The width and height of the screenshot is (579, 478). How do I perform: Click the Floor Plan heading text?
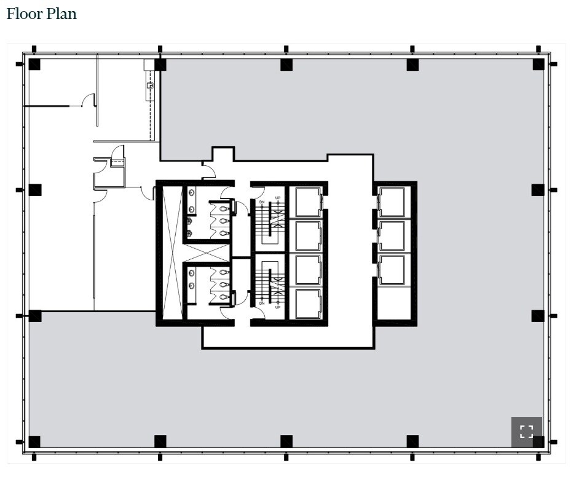[42, 14]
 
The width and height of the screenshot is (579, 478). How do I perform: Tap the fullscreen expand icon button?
[526, 431]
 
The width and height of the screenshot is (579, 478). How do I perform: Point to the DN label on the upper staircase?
[262, 202]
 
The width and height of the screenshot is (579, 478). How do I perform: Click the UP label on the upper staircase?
[278, 198]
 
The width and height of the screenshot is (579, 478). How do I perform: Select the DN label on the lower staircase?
[262, 303]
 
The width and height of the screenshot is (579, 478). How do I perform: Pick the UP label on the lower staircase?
[278, 307]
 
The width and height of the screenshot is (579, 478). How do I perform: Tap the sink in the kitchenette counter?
[149, 86]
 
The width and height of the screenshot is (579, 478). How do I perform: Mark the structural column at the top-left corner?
[34, 65]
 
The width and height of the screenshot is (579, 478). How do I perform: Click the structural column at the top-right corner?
[538, 65]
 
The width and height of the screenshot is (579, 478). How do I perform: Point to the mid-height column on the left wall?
[34, 190]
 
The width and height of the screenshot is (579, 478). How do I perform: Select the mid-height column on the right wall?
[538, 190]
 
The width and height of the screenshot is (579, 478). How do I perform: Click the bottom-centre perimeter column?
[286, 441]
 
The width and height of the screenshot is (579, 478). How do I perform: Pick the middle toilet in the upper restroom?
[224, 221]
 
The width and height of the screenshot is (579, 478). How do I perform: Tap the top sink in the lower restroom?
[224, 272]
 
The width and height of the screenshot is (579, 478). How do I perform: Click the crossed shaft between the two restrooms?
[207, 253]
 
